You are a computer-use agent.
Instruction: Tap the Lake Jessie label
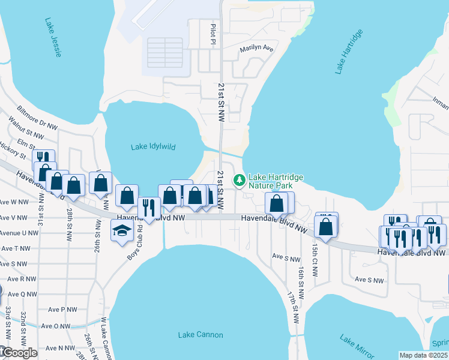53,37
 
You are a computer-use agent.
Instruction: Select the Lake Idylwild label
153,146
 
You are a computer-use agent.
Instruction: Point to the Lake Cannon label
200,334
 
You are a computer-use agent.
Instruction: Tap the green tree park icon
240,179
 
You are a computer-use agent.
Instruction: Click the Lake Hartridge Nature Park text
276,182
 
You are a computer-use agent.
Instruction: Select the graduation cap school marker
122,230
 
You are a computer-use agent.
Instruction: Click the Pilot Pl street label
212,35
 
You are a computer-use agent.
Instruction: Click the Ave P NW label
63,310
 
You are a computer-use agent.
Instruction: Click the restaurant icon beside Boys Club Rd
149,208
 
